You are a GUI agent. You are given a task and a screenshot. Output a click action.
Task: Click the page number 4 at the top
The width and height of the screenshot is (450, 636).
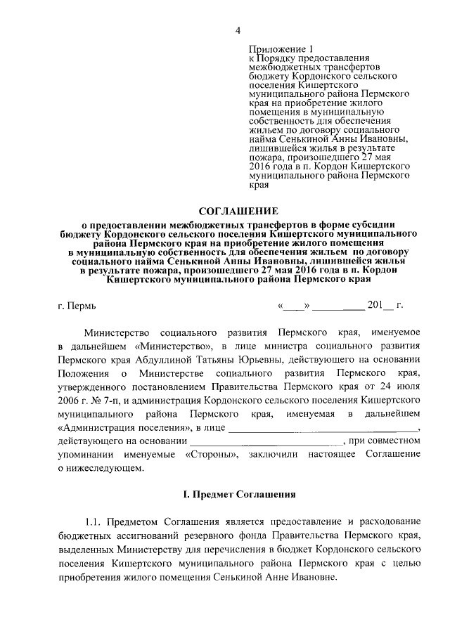click(x=238, y=30)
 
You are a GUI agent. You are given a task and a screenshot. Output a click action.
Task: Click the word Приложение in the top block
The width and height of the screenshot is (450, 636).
click(x=274, y=48)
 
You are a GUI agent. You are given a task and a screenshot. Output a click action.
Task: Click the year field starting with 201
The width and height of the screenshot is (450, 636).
click(x=382, y=306)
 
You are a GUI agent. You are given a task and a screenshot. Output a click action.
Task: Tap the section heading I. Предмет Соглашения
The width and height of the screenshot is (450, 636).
click(x=238, y=495)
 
